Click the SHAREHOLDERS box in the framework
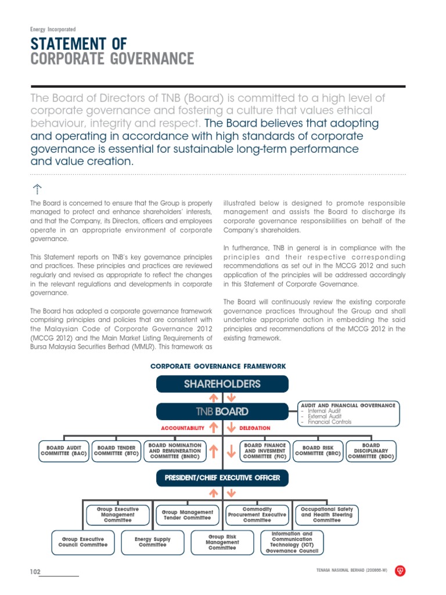222,384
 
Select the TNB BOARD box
222,411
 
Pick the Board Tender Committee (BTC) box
116,451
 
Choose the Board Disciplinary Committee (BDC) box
371,451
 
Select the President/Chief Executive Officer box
222,478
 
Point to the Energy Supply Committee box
153,542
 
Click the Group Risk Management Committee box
222,543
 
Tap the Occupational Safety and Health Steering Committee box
326,514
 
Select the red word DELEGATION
255,428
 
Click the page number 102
35,572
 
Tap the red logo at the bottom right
400,571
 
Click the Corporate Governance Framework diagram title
218,366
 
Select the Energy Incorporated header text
53,29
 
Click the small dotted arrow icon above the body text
36,189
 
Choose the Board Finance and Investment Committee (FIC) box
265,451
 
